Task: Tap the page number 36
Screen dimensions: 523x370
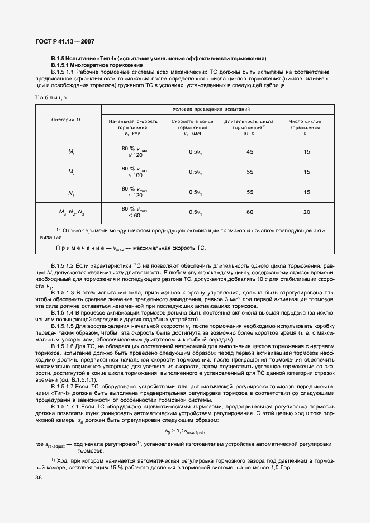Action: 39,477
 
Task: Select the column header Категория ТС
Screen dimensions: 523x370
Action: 67,120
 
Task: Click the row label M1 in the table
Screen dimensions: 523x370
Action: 72,152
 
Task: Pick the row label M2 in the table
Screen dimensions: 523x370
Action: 72,172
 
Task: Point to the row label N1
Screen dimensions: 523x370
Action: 72,193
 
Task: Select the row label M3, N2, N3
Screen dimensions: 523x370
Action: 72,212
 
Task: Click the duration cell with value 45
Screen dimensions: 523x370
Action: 249,152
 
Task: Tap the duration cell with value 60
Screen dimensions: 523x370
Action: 249,212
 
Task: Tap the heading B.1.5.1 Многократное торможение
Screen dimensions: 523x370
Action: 96,65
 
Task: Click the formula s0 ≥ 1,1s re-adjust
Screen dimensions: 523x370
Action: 193,432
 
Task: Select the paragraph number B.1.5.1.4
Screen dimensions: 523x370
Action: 63,313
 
